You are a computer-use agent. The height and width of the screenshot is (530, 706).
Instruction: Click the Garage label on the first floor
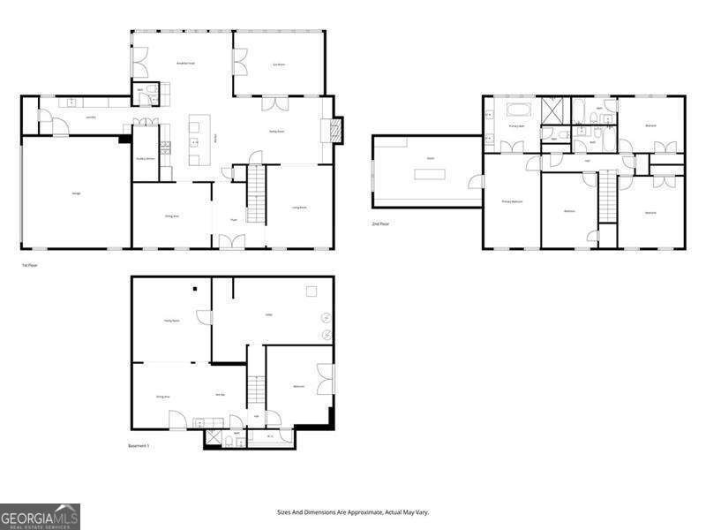64,193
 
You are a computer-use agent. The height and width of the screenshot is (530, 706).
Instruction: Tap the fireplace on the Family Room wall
334,131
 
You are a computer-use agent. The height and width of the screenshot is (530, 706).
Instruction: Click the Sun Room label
279,64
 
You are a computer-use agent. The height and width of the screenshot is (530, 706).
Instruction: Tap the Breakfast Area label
185,64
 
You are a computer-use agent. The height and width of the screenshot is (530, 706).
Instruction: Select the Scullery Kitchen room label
146,159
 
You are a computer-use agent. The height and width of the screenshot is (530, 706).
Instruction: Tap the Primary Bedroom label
512,202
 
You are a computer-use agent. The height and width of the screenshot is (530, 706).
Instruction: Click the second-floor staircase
608,198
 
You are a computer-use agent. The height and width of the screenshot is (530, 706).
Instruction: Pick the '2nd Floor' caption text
381,223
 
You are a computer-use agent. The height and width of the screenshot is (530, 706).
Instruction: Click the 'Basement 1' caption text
139,446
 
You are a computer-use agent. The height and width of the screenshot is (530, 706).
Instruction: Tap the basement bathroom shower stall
214,438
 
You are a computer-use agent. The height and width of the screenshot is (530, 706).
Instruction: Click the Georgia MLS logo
41,516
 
